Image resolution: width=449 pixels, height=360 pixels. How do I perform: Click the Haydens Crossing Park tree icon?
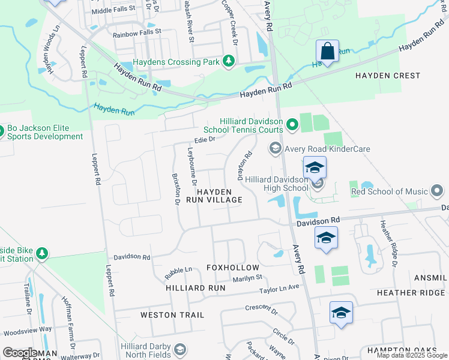(228, 61)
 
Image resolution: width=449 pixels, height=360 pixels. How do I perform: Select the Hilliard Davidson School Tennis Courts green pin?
(292, 124)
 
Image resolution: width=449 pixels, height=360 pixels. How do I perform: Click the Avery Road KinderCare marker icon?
(275, 148)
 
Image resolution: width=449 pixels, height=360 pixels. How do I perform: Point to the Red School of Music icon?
(436, 192)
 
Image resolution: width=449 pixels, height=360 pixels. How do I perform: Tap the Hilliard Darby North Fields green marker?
(179, 350)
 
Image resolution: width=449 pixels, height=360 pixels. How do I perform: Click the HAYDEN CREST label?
(387, 76)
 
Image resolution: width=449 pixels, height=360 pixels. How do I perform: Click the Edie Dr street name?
(204, 139)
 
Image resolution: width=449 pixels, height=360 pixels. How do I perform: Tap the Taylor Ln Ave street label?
(279, 289)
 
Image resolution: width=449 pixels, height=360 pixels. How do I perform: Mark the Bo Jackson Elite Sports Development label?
(46, 132)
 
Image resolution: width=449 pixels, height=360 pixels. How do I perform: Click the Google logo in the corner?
(20, 353)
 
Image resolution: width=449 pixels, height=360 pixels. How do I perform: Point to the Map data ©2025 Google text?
(411, 355)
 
